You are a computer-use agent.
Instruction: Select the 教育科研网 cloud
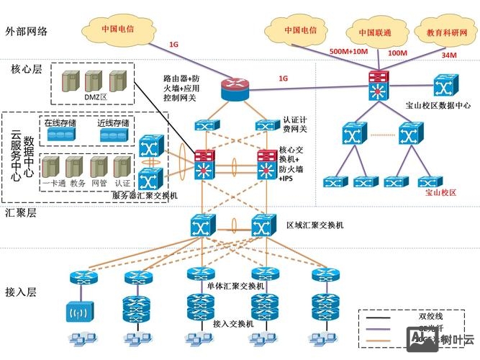click(446, 33)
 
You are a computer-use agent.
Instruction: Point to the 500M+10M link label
click(348, 52)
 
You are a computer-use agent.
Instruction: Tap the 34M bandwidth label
click(449, 55)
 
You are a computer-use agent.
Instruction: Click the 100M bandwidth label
click(398, 53)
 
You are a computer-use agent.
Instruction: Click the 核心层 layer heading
click(27, 70)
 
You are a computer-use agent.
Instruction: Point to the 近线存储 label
click(112, 122)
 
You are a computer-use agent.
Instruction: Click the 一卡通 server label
click(54, 184)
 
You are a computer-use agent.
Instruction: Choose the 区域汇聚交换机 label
click(314, 225)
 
